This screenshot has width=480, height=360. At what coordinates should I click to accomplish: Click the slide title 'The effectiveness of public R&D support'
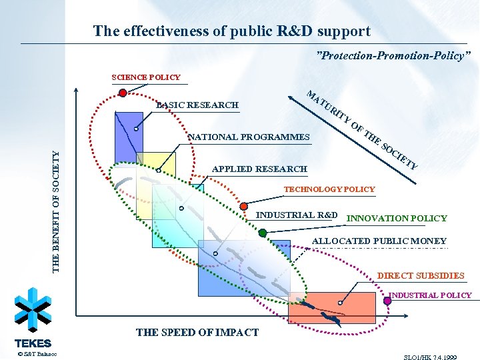[231, 31]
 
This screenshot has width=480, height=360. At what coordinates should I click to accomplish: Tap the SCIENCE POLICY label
[146, 77]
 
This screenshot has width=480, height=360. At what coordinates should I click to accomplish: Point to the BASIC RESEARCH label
[197, 105]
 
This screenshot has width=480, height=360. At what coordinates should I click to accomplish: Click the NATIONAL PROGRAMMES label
[250, 137]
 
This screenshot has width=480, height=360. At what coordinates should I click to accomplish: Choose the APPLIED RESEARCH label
[259, 169]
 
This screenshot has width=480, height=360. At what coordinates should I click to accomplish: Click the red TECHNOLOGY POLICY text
[329, 189]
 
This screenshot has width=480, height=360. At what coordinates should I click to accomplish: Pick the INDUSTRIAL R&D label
[297, 215]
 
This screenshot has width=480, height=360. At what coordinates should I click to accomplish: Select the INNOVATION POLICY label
[397, 218]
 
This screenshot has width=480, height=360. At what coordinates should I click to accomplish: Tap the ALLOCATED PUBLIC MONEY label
[379, 241]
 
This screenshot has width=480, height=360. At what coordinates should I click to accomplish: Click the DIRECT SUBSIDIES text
[421, 275]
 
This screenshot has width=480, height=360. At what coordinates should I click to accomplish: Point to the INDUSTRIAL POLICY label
[430, 295]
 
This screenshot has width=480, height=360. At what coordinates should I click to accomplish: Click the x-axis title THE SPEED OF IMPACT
[197, 332]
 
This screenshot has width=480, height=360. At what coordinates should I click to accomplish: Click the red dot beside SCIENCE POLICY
[123, 93]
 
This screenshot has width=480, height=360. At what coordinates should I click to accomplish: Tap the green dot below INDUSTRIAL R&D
[263, 233]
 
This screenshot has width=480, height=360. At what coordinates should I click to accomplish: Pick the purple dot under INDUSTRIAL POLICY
[387, 301]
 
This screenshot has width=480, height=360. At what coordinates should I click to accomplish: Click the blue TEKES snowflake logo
[33, 310]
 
